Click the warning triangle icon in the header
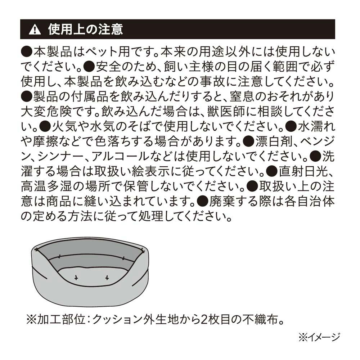(x=35, y=30)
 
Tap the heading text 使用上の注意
(x=85, y=30)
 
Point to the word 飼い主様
(x=189, y=67)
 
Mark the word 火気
(x=65, y=127)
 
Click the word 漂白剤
(x=274, y=141)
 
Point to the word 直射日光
(x=304, y=171)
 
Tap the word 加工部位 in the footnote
(x=62, y=319)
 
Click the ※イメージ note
(x=319, y=337)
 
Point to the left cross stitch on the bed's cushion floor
(x=76, y=278)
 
